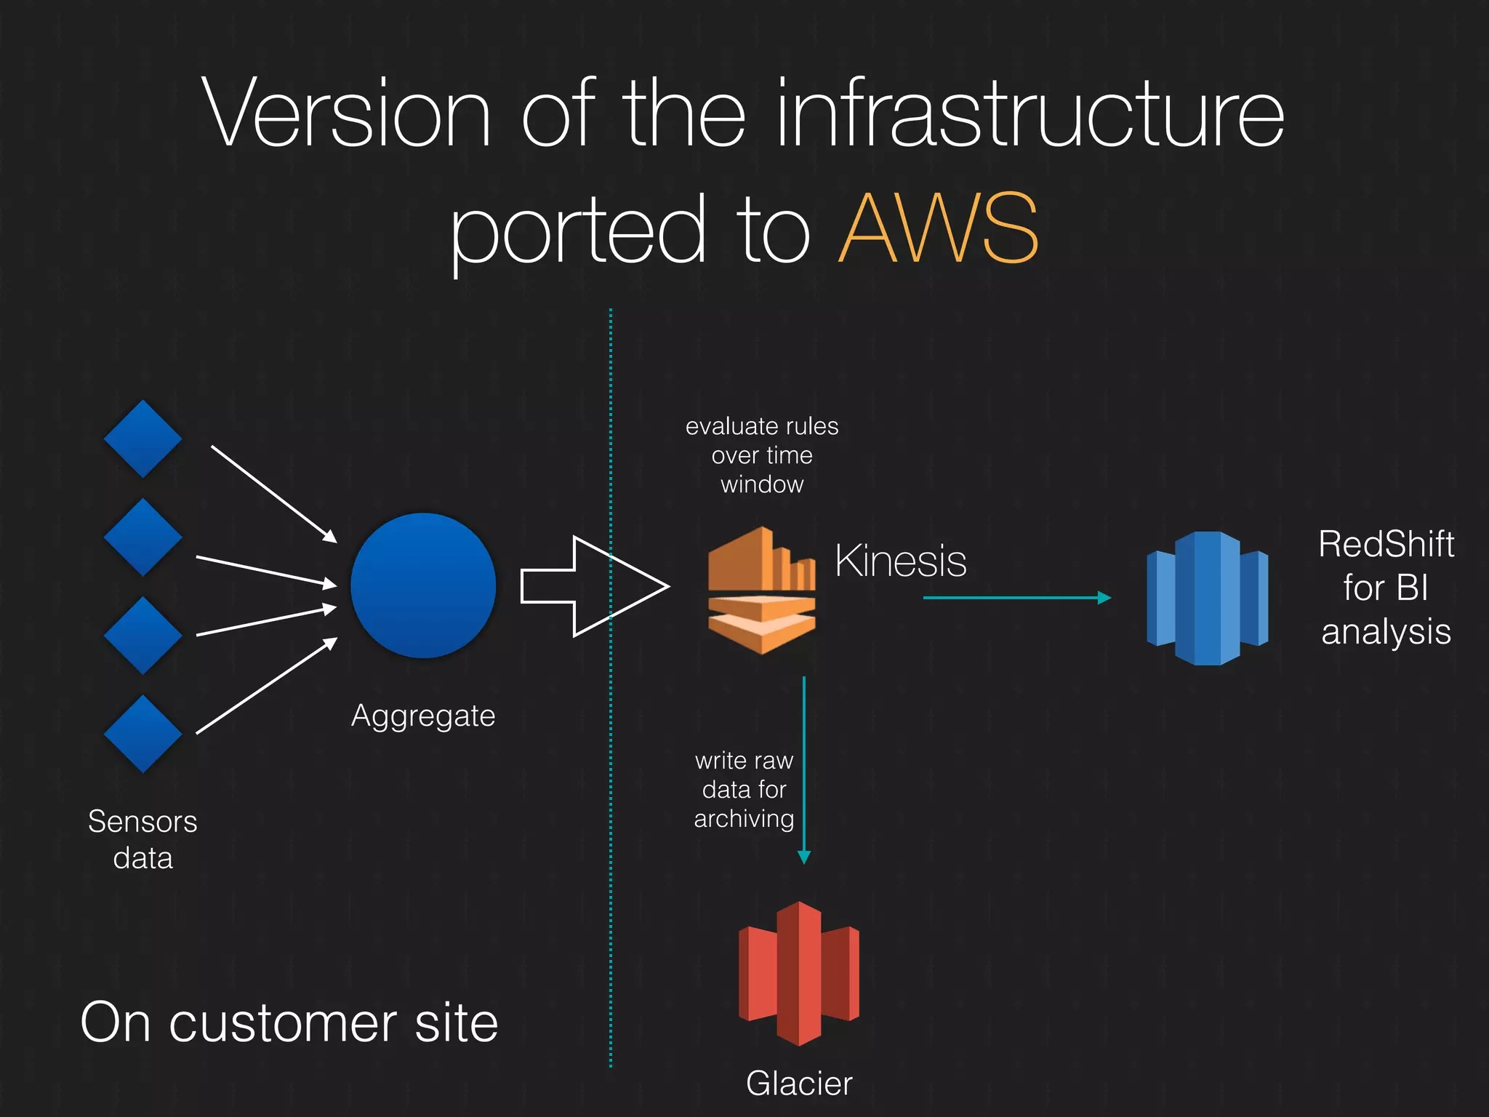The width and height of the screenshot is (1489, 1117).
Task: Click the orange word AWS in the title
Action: coord(938,229)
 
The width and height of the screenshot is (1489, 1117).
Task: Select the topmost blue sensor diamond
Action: coord(143,439)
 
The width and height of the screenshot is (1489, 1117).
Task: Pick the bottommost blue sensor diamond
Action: coord(143,734)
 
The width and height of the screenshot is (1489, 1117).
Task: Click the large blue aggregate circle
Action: coord(423,585)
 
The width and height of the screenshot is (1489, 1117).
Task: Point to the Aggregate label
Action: coord(423,716)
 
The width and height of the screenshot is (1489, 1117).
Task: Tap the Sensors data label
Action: coord(143,839)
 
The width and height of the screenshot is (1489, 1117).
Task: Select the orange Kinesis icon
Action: coord(761,590)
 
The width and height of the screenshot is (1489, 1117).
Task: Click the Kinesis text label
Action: coord(900,561)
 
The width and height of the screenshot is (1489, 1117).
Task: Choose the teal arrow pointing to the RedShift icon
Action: coord(1016,598)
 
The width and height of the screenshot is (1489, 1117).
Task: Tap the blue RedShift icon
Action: coord(1207,598)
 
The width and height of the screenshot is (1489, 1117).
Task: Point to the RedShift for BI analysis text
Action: coord(1386,588)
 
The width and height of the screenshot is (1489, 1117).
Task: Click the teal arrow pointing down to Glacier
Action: coord(804,771)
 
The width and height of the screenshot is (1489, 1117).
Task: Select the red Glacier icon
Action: coord(798,973)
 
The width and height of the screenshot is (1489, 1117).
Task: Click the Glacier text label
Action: coord(798,1084)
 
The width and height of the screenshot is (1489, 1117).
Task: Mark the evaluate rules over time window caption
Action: coord(762,455)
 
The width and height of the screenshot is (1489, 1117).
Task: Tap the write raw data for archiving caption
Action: coord(744,790)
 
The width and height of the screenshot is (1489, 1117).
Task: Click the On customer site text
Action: coord(289,1022)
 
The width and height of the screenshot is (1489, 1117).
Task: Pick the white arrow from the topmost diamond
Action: coord(273,494)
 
